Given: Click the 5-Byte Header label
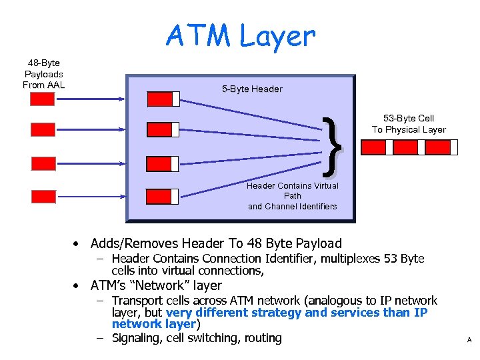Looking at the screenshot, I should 252,89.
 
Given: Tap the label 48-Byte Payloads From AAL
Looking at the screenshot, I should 43,74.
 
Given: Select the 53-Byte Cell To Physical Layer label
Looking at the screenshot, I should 408,124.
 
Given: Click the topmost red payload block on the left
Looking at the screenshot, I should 43,99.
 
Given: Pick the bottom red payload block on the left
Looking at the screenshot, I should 43,197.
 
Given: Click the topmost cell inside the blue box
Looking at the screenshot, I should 163,99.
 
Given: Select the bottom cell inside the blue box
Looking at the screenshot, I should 163,196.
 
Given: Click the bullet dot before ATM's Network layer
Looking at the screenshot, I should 78,286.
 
